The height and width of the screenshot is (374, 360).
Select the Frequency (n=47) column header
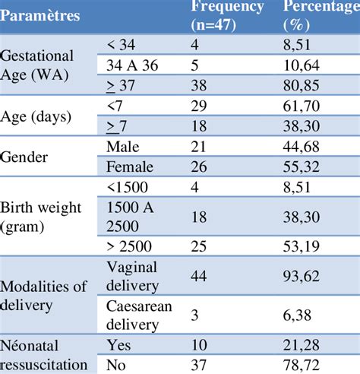(228, 15)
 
